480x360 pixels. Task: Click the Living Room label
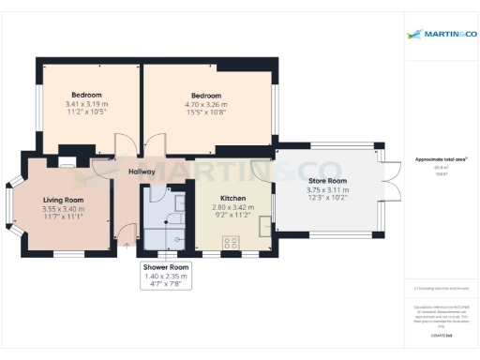click(63, 200)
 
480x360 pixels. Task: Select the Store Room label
click(326, 181)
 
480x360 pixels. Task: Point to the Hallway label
click(142, 172)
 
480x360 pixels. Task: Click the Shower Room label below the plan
click(165, 268)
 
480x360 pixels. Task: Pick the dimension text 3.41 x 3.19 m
click(86, 104)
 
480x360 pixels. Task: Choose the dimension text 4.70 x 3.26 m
click(206, 104)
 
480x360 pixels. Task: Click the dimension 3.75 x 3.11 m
click(326, 189)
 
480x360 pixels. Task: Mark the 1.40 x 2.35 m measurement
click(165, 277)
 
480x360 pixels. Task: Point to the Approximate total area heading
click(442, 159)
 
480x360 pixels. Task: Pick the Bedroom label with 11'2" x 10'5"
click(86, 96)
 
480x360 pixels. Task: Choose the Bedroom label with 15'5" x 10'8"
click(206, 96)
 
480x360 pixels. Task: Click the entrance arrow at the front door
click(127, 246)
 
